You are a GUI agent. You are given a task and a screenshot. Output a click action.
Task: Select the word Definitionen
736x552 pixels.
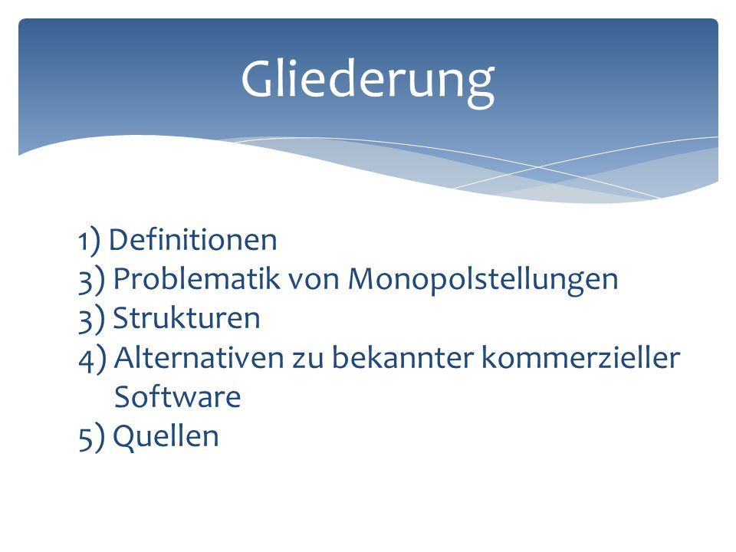[193, 240]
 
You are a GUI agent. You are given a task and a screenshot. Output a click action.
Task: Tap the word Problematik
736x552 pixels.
[197, 279]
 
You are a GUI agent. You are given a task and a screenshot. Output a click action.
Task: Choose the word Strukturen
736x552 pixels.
[186, 318]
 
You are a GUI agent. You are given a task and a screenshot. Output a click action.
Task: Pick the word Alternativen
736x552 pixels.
[199, 358]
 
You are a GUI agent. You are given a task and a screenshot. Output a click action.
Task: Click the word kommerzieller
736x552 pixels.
[581, 358]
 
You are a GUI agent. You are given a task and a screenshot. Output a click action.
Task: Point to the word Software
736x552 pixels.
[177, 396]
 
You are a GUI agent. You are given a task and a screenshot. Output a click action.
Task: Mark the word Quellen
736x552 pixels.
[166, 436]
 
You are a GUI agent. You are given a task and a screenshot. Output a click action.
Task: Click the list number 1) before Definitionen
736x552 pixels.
[89, 241]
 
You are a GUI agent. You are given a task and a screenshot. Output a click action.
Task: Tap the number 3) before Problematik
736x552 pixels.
[91, 281]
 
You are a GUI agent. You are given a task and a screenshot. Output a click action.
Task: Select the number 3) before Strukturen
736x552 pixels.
[91, 320]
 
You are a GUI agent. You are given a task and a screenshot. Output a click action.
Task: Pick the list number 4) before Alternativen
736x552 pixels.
[93, 359]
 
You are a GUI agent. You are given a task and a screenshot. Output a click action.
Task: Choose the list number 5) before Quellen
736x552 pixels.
[91, 438]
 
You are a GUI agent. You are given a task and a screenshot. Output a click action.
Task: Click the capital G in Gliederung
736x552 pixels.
[259, 79]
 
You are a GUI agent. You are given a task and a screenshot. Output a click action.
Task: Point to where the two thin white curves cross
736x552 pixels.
[538, 166]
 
